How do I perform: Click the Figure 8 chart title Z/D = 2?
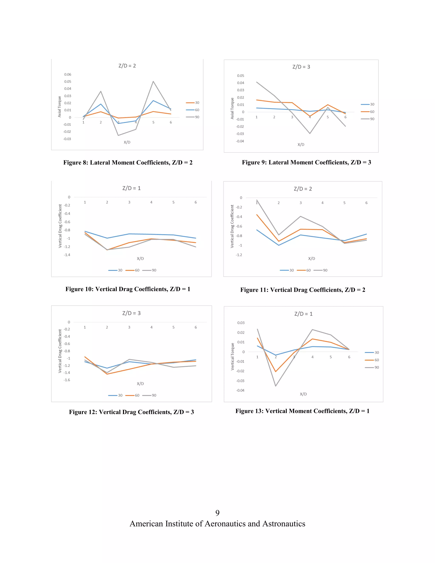pos(127,66)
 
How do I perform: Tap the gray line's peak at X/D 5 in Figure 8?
pos(153,81)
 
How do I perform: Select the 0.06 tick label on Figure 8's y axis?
pos(68,75)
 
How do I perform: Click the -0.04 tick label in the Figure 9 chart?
pos(240,141)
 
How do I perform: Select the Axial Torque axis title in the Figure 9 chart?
pos(232,108)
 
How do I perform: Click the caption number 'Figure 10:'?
pos(79,289)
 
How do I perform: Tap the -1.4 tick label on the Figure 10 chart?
pos(67,255)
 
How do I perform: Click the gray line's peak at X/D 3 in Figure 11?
pos(301,216)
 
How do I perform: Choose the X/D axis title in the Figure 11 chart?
pos(312,258)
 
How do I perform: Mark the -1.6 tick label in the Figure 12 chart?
pos(67,380)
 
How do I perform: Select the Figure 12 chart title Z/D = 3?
pos(131,313)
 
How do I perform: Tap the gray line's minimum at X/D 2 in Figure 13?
pos(275,386)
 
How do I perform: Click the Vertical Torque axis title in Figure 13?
pos(232,356)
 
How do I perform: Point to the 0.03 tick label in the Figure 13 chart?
pos(241,323)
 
